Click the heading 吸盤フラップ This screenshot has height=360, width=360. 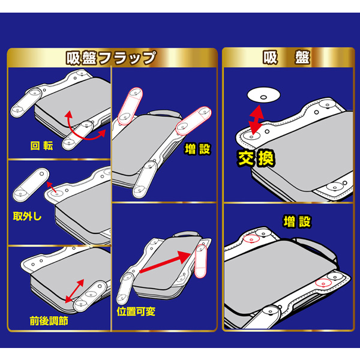(111, 58)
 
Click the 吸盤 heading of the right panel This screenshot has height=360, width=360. (287, 58)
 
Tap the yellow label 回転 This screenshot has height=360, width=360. (42, 146)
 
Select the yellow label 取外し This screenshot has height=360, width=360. (28, 216)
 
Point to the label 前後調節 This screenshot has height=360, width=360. (49, 321)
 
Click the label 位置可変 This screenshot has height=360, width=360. (136, 311)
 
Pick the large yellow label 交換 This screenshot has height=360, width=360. (256, 158)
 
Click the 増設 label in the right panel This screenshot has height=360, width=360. (298, 221)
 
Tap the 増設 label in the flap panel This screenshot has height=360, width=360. (197, 149)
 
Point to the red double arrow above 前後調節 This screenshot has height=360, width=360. (74, 291)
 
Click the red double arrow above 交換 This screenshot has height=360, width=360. (256, 119)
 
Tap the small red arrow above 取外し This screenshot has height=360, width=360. (52, 187)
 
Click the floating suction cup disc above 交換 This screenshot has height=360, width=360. (263, 95)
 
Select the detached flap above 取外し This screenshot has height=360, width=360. (31, 185)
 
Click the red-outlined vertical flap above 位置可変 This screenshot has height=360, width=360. (200, 261)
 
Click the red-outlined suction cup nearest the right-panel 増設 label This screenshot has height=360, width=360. (251, 239)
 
